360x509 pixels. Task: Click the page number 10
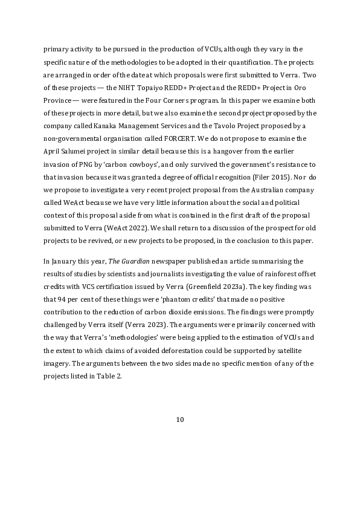179,420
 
